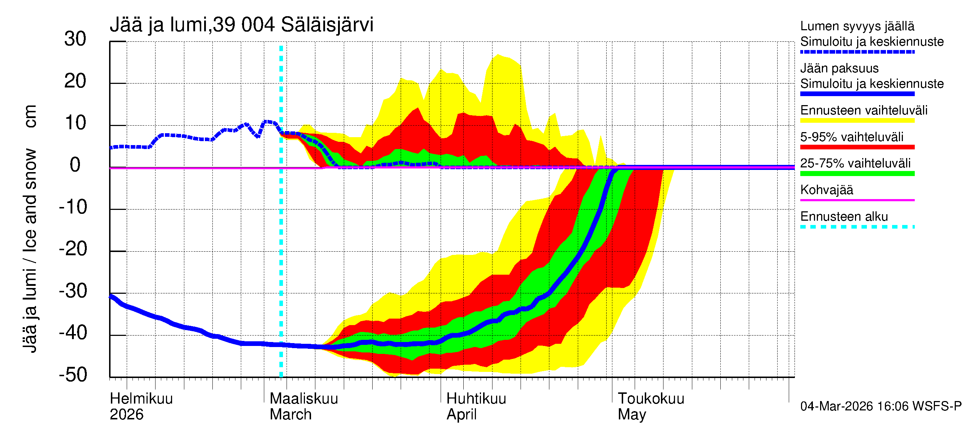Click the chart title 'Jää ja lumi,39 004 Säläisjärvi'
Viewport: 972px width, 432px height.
point(242,25)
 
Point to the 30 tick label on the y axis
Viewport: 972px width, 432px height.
point(75,39)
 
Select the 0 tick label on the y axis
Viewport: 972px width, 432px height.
point(75,165)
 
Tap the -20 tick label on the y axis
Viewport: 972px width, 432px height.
point(73,249)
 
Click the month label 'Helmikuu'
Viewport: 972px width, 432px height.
point(141,399)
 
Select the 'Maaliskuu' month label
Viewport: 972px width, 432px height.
point(304,399)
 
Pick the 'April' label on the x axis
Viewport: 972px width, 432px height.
point(462,414)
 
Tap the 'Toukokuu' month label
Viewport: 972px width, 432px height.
point(651,399)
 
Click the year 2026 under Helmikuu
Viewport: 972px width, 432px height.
point(126,414)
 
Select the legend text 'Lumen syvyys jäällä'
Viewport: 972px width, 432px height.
point(857,26)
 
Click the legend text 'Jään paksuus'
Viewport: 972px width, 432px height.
point(840,68)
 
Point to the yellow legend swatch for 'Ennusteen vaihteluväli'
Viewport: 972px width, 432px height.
point(857,120)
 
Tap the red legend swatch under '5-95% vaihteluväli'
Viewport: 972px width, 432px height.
point(857,147)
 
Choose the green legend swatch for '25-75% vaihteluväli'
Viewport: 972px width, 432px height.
point(857,173)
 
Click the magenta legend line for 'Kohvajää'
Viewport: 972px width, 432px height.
point(857,200)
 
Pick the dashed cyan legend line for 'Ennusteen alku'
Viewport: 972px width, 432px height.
point(857,227)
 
